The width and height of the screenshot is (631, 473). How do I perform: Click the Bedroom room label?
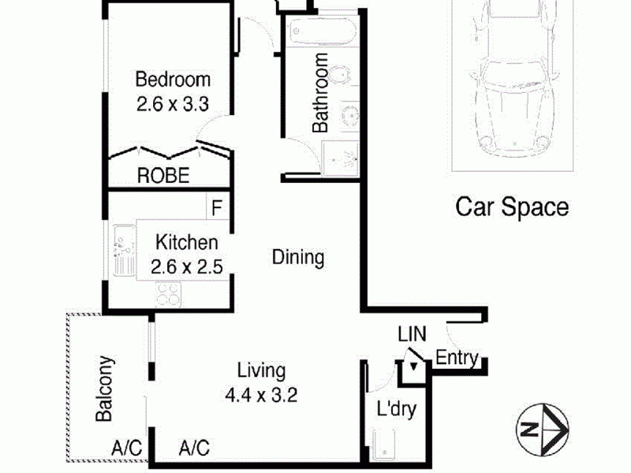click(x=173, y=80)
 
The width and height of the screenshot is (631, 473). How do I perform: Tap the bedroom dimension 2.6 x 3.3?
click(x=173, y=104)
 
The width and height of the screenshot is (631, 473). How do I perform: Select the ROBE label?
click(x=163, y=176)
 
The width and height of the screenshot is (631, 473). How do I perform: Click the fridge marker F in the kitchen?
click(x=217, y=208)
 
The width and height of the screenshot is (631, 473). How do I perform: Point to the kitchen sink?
click(x=125, y=250)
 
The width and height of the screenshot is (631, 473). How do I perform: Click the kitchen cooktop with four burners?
click(x=168, y=294)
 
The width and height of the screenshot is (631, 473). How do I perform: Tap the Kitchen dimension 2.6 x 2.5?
click(x=187, y=266)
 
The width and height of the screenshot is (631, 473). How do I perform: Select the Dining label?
click(x=298, y=258)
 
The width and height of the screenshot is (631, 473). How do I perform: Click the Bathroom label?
click(x=321, y=93)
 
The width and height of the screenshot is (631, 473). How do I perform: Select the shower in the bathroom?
click(x=340, y=158)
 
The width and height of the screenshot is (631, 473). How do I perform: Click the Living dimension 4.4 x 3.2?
click(x=262, y=396)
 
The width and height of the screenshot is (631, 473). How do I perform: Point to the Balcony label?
click(x=104, y=389)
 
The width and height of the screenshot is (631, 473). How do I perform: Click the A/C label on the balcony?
click(x=127, y=448)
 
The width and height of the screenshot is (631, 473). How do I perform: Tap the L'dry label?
click(x=397, y=409)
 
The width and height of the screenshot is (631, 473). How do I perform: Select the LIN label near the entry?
click(x=412, y=333)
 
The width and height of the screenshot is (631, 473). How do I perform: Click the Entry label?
click(x=457, y=358)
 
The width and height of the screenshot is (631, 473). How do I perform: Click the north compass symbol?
click(x=543, y=429)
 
